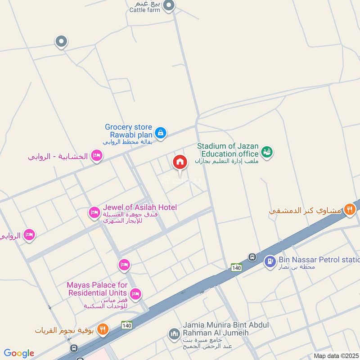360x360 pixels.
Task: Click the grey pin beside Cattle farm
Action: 169,5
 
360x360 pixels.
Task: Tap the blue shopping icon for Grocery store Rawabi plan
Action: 160,133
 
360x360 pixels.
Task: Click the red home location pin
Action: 180,162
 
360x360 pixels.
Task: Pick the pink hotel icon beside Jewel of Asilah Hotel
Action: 94,212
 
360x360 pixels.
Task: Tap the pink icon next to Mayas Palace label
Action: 135,294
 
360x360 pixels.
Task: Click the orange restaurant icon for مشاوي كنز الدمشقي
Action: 349,209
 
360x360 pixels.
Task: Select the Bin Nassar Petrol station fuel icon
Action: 270,261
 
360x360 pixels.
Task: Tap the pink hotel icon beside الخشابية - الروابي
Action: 96,156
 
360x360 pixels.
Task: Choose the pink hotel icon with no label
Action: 124,265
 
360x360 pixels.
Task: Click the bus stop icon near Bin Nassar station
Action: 252,257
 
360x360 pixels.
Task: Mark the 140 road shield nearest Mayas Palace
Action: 126,324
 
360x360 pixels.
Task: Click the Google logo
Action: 18,353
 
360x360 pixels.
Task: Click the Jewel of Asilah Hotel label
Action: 140,207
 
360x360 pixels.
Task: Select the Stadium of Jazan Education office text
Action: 228,150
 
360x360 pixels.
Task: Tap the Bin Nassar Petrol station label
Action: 319,260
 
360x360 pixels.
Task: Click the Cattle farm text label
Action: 144,10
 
